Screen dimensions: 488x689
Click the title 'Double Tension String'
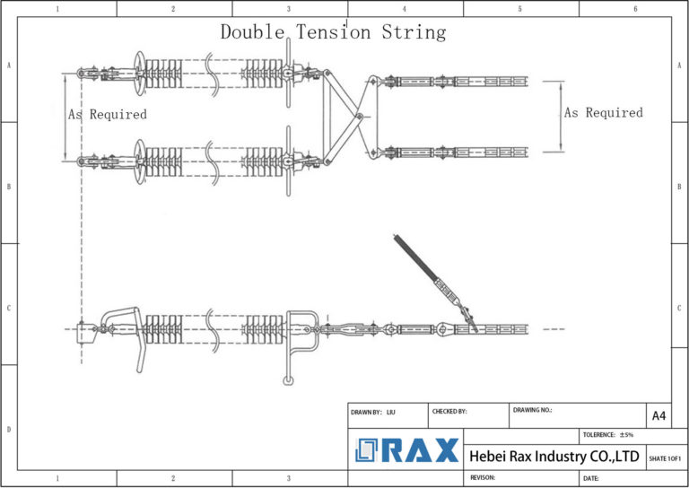pos(333,32)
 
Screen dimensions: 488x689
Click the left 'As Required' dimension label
pos(108,115)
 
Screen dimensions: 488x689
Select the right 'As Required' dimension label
pos(604,113)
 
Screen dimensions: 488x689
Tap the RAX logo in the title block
pos(406,450)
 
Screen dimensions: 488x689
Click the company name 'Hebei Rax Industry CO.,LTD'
pos(554,457)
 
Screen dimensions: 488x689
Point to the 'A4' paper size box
pos(658,415)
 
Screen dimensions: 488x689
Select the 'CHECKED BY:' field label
pos(449,412)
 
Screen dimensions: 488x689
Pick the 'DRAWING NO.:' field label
pos(533,410)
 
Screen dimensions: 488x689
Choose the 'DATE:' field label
pos(591,478)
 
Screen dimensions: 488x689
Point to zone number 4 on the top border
pos(405,9)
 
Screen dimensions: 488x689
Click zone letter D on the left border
pos(9,429)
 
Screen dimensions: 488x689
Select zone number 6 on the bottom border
pos(635,479)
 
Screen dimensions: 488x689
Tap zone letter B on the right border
pos(680,187)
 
